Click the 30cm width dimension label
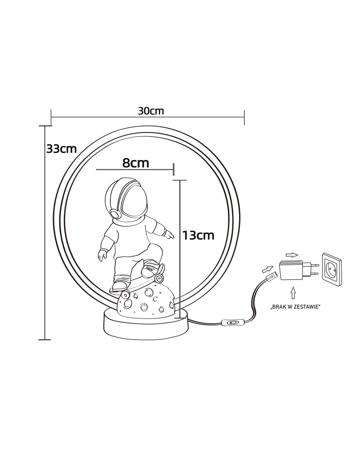tap(151, 111)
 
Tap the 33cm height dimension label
tap(61, 149)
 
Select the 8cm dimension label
tap(135, 163)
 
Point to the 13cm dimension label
tap(198, 235)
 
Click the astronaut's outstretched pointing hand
tap(169, 235)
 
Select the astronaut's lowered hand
tap(102, 255)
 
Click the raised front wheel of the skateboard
tap(160, 278)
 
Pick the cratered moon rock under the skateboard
tap(146, 301)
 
